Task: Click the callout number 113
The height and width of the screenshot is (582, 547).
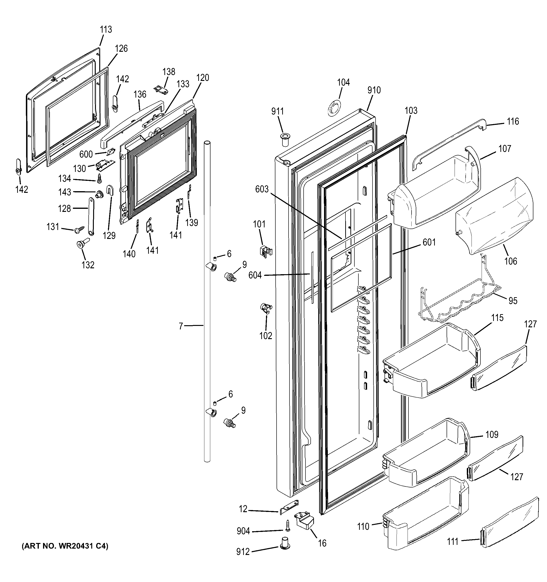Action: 106,30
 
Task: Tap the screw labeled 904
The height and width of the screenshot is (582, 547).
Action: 288,526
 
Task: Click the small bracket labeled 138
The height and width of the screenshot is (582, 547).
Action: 162,90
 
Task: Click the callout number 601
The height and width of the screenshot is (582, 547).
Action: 429,242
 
